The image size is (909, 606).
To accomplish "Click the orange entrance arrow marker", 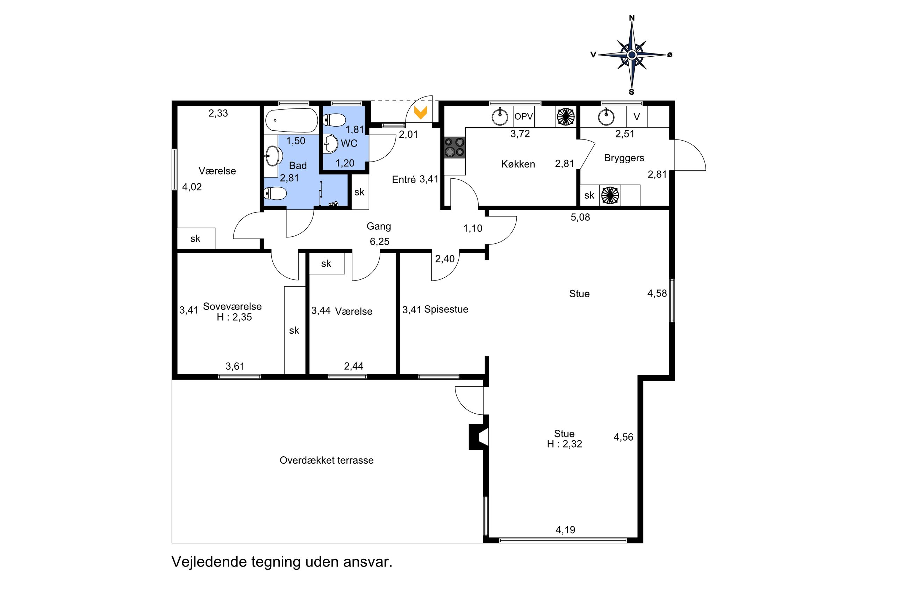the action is coord(420,112).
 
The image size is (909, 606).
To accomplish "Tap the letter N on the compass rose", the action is coord(632,18).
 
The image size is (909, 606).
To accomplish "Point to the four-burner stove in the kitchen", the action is coord(454,147).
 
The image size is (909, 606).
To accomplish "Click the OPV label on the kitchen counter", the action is coord(523,116).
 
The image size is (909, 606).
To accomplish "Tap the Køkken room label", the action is coord(518,164).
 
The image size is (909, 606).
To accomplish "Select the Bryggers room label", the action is coord(624,158).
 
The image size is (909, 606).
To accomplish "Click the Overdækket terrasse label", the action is coord(327,460).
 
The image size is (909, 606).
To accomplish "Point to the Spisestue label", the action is coord(446,309).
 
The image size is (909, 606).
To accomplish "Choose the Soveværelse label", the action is coord(232,306).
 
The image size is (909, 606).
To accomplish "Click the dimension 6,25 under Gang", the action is coord(379,242).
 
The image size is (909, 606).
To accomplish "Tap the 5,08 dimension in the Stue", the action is coord(580,217).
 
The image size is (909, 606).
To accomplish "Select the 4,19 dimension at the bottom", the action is coord(565,530).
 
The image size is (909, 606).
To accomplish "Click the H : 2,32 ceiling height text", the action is coord(564,444).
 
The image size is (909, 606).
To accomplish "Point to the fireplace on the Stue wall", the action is coord(479,437).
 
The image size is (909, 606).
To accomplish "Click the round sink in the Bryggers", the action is coord(606,117).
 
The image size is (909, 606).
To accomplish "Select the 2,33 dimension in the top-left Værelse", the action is coord(218,113).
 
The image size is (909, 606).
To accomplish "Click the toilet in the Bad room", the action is coord(275,193).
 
